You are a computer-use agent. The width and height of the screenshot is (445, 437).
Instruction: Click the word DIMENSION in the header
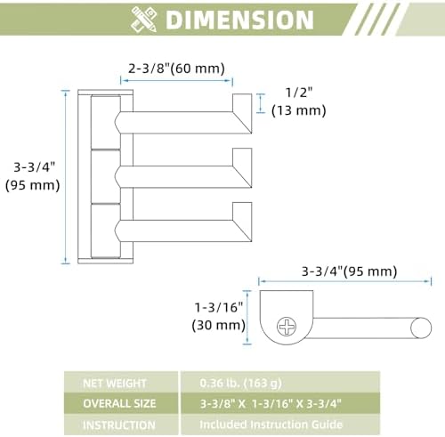click(239, 20)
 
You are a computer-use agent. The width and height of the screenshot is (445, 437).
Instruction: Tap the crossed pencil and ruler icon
click(144, 20)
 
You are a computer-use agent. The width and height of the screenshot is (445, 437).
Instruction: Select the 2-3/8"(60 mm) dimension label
click(176, 69)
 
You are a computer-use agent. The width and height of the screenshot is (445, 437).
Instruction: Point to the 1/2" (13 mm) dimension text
click(299, 101)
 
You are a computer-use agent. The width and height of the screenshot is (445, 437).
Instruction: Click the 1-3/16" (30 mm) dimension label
click(219, 316)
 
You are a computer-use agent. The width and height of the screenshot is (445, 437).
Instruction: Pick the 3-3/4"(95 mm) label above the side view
click(349, 271)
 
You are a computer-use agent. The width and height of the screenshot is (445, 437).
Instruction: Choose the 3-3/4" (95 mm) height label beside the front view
click(33, 176)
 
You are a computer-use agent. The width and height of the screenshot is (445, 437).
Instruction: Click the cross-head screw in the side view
click(287, 327)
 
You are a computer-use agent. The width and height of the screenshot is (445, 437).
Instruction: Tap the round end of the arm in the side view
click(421, 328)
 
